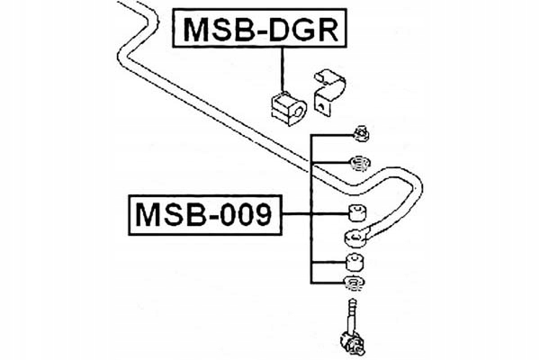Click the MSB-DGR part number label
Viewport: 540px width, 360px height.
point(260,29)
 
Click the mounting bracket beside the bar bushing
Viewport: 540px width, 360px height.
point(327,89)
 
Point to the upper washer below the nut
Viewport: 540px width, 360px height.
point(359,164)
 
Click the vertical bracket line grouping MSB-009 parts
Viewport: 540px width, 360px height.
point(310,207)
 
